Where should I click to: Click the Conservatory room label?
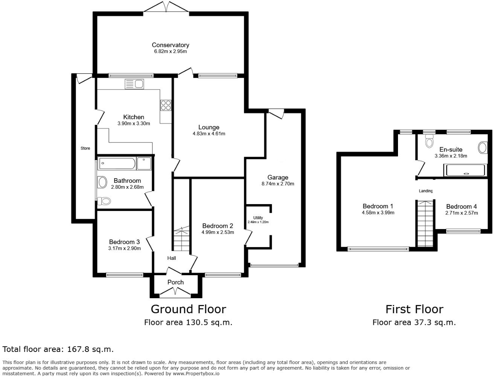point(170,45)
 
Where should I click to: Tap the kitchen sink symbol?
point(134,84)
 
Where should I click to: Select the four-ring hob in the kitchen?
point(166,105)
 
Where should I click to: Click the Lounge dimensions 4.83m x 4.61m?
point(209,134)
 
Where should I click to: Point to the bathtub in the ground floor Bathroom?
point(117,164)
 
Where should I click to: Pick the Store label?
point(85,149)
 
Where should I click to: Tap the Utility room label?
point(258,218)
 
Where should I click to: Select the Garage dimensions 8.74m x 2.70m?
point(277,184)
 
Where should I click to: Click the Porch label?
point(175,282)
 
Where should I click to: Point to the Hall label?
point(172,258)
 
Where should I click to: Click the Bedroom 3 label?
point(124,242)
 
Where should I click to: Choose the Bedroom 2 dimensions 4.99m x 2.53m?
point(218,232)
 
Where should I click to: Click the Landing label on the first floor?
point(426,191)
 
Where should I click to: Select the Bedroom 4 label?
point(461,206)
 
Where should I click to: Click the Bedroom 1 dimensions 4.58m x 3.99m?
point(378,213)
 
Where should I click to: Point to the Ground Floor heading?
point(188,309)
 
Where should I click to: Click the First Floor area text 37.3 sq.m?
point(414,322)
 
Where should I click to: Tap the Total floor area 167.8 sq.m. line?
point(58,349)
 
